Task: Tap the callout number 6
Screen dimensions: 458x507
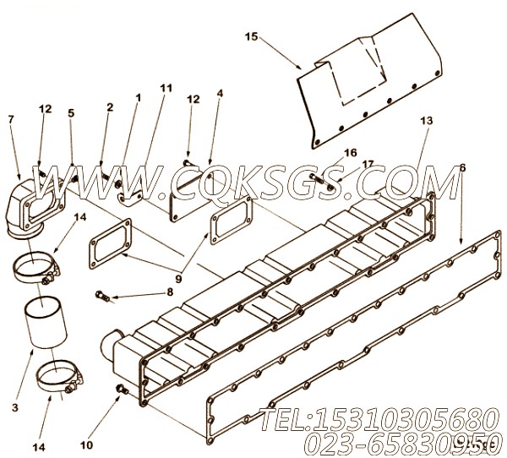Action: tap(462, 168)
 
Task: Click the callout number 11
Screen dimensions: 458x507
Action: tap(165, 88)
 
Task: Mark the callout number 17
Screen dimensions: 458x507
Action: tap(343, 164)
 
